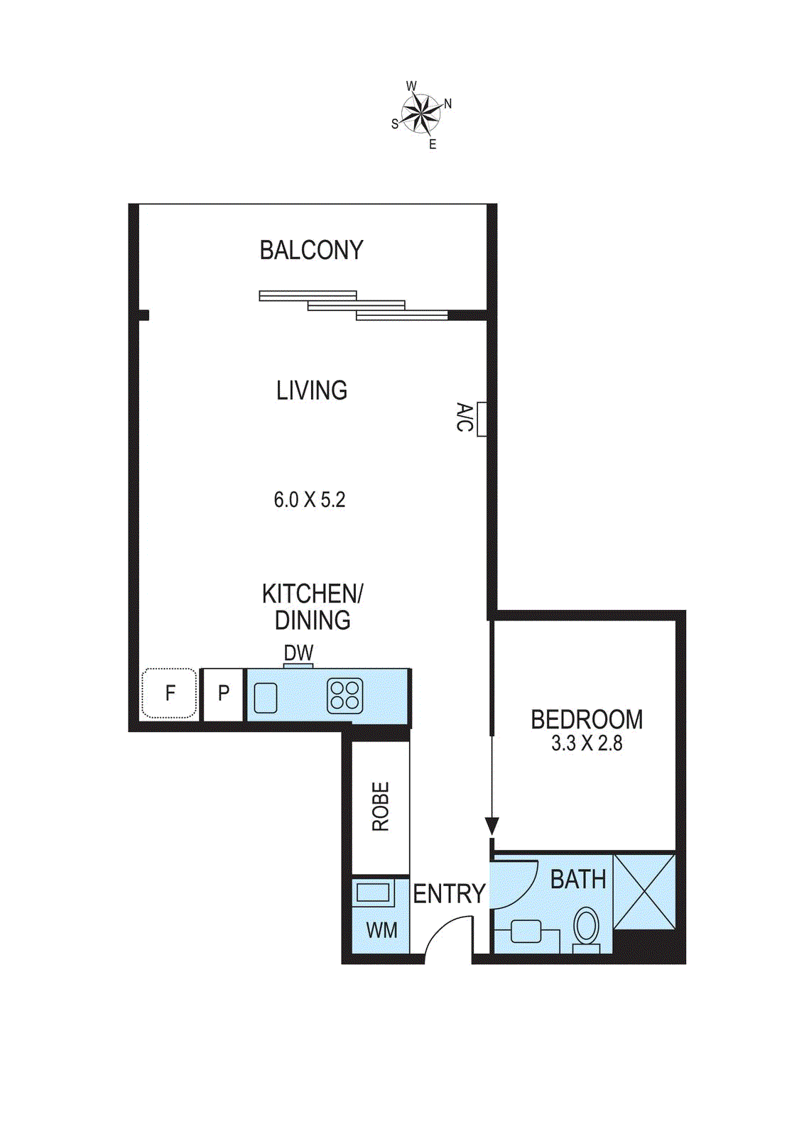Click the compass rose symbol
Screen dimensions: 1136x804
click(421, 114)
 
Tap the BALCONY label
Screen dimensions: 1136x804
click(311, 251)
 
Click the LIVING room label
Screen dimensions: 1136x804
click(312, 390)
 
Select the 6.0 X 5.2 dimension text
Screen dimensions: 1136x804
click(310, 500)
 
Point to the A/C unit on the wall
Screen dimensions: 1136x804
click(481, 418)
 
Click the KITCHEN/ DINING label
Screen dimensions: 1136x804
click(313, 607)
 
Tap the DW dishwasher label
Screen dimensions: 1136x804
click(298, 652)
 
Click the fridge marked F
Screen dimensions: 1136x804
click(170, 693)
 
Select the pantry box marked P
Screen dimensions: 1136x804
click(224, 694)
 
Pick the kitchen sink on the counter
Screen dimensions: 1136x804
click(266, 697)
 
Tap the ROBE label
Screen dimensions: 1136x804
click(381, 807)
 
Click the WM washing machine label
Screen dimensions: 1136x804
click(381, 930)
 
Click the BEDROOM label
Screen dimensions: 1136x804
click(587, 720)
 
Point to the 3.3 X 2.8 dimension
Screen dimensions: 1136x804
click(587, 744)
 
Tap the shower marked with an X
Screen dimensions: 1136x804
click(644, 892)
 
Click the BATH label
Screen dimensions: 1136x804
click(578, 880)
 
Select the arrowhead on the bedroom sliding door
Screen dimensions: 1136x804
click(491, 826)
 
